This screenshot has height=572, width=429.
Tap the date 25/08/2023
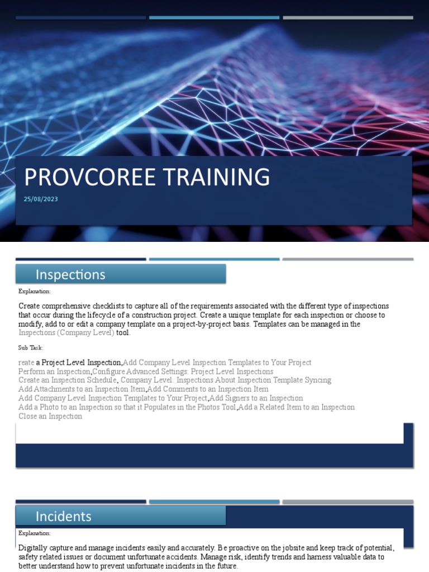click(x=41, y=199)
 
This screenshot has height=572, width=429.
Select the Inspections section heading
click(x=70, y=274)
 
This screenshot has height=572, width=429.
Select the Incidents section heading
click(x=64, y=516)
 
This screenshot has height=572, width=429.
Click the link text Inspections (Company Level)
click(x=66, y=333)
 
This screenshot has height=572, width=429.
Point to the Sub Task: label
click(x=31, y=347)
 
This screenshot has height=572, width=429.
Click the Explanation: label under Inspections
click(x=34, y=291)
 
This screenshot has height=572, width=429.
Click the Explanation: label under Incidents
click(x=34, y=533)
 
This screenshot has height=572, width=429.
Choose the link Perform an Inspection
click(x=54, y=371)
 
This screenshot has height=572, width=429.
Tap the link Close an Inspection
click(x=50, y=416)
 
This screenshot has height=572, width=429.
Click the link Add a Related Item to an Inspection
click(x=297, y=407)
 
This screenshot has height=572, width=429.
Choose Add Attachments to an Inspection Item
click(x=82, y=389)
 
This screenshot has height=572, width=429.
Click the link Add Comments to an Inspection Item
click(x=208, y=389)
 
